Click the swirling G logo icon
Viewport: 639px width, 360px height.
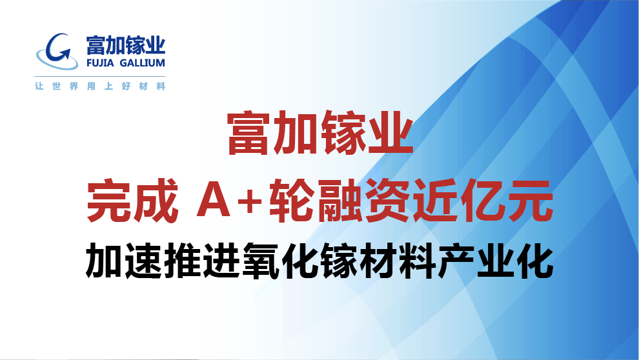(x=57, y=52)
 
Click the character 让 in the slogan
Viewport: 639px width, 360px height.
(x=39, y=86)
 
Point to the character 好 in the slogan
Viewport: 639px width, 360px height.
(x=126, y=86)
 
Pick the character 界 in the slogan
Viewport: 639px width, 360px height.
(x=74, y=86)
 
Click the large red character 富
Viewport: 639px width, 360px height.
(x=249, y=133)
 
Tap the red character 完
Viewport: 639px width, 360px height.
(x=109, y=201)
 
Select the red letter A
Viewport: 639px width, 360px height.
(x=213, y=201)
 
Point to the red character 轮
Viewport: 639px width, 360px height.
(x=290, y=201)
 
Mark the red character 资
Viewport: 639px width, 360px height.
(x=387, y=201)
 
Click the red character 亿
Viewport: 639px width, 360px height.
(x=482, y=201)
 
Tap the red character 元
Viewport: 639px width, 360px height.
(x=530, y=201)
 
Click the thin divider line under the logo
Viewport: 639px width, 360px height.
(x=100, y=76)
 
